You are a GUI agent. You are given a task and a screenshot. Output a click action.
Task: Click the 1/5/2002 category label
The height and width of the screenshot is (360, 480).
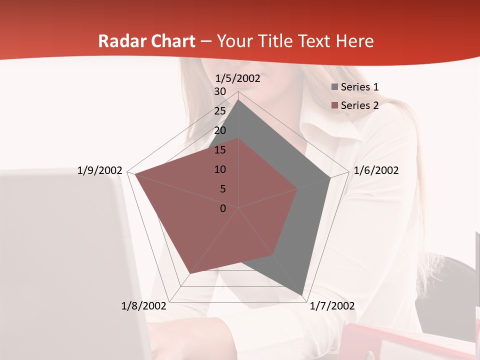237,78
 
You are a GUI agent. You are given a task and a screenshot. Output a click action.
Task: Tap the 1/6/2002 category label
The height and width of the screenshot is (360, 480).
376,170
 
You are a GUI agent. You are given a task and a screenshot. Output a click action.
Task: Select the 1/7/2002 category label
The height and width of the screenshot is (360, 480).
332,306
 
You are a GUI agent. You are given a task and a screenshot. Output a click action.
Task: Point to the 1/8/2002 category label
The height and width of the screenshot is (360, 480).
143,306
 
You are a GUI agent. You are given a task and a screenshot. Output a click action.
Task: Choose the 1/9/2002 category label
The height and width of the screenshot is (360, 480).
99,170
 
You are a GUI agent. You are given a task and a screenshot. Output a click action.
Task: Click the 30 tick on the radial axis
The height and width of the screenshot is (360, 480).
220,91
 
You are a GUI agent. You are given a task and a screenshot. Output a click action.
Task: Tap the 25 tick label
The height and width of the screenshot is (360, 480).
220,111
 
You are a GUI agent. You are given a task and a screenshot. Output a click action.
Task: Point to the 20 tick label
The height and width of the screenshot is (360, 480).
220,130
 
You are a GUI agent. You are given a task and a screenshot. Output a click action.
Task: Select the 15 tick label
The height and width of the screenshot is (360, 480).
220,150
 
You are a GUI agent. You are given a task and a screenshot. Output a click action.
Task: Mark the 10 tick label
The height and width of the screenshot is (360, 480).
220,169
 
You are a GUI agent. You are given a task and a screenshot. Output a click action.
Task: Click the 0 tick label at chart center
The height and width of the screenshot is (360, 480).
223,208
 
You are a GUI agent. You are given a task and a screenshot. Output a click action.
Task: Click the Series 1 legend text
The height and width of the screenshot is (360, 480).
359,87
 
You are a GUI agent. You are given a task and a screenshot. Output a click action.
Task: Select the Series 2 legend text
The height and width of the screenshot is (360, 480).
359,105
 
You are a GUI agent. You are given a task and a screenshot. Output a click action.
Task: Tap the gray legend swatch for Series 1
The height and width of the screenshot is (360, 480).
335,87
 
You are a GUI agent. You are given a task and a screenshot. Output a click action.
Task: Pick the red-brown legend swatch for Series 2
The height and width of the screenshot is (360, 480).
335,105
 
